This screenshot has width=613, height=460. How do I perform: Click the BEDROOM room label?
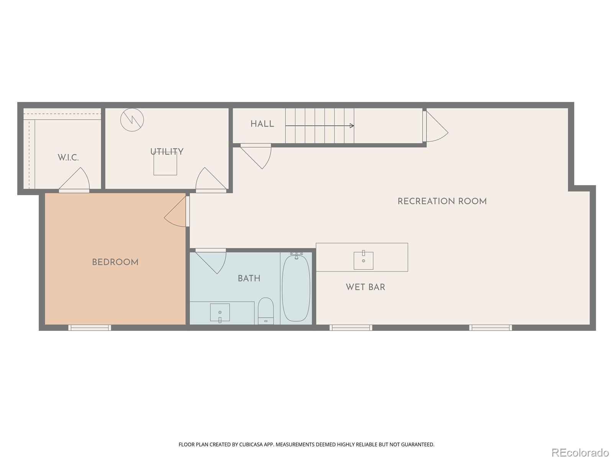click(115, 263)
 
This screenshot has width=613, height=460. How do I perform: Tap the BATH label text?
click(249, 279)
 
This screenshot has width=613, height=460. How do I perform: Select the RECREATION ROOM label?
click(442, 202)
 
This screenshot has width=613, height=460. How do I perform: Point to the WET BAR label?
click(366, 287)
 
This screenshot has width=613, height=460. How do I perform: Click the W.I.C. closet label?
click(68, 158)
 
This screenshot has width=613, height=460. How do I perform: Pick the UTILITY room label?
click(167, 152)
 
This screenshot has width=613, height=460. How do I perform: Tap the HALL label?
click(262, 124)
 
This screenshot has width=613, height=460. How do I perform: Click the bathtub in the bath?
click(296, 288)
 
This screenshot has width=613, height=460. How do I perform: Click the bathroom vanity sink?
click(220, 312)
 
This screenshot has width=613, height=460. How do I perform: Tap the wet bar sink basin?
click(363, 261)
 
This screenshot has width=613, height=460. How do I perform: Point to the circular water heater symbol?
click(132, 120)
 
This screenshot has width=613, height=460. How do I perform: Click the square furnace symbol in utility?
click(165, 164)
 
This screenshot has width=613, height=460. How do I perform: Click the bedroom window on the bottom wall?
click(90, 328)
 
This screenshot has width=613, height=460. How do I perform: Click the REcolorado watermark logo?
click(580, 452)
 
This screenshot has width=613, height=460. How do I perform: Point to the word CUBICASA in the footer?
click(251, 445)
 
